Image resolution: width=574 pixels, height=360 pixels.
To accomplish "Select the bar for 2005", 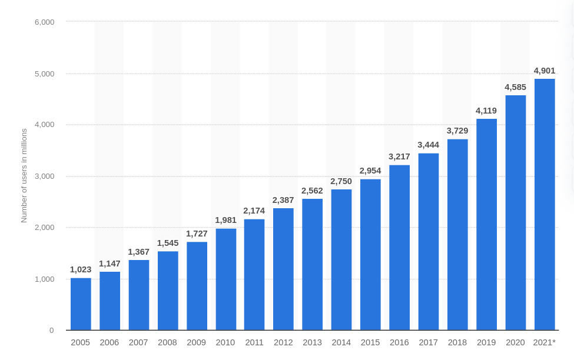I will click(x=81, y=304).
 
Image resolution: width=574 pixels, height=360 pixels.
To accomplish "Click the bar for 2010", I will click(x=225, y=279).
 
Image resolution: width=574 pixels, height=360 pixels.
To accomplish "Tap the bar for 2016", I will click(x=399, y=247).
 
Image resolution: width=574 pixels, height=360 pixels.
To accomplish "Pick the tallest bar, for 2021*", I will click(x=545, y=204).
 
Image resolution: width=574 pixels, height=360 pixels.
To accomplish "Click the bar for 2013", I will click(x=313, y=264).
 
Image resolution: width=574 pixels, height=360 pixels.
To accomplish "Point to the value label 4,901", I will click(x=545, y=71).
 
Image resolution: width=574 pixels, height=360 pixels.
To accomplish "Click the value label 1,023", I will click(x=81, y=269).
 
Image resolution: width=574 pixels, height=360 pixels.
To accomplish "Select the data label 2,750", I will click(x=341, y=181).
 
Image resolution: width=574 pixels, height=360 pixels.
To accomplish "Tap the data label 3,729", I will click(x=457, y=131).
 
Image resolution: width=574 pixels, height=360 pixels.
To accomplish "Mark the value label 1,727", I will click(x=197, y=234).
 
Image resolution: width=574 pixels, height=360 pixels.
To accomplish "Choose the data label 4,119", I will click(x=486, y=111).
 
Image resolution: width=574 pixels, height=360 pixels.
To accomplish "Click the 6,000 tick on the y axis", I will click(x=44, y=22).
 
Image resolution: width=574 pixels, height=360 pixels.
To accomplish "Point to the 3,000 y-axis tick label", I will click(x=44, y=176).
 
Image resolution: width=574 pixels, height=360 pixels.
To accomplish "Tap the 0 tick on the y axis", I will click(x=51, y=331).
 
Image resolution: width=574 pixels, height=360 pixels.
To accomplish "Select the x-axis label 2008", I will click(x=167, y=342).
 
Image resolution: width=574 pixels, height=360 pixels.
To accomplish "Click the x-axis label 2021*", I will click(x=545, y=342).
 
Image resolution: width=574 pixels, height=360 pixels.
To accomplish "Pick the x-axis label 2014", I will click(x=341, y=342).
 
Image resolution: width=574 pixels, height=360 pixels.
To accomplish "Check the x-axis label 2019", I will click(x=486, y=342).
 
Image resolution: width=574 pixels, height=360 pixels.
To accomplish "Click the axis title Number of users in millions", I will click(x=24, y=175).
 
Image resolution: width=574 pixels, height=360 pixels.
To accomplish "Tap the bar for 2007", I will click(x=139, y=295).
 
